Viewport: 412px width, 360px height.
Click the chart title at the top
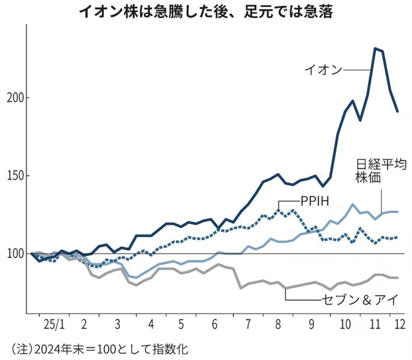[x=205, y=12]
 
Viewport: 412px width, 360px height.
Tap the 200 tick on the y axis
[x=14, y=98]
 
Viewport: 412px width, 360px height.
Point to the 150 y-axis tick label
[x=14, y=176]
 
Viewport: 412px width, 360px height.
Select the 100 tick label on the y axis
[x=14, y=254]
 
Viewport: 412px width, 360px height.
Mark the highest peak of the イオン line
[x=375, y=48]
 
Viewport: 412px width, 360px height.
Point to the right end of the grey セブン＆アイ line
[x=398, y=278]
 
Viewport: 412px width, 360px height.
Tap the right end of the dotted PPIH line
[x=398, y=237]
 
